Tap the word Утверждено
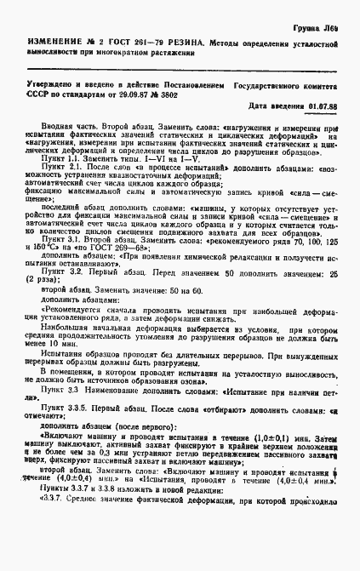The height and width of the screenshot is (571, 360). coord(53,87)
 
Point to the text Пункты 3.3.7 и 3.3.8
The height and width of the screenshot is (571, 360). coord(84,515)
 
